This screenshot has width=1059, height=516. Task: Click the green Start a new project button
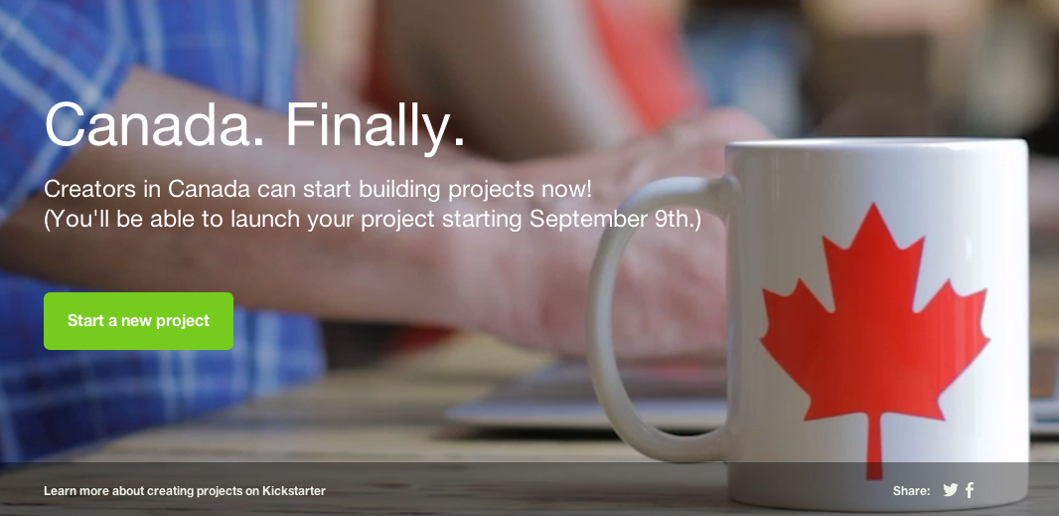(x=138, y=321)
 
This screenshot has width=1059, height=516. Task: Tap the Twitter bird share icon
(x=950, y=490)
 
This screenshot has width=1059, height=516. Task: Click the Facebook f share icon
(x=970, y=490)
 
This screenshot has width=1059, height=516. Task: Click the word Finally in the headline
(x=375, y=126)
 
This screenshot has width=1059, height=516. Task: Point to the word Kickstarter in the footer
(x=293, y=491)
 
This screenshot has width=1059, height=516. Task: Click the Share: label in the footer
(x=911, y=491)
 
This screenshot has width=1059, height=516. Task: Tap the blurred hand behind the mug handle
(x=656, y=298)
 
